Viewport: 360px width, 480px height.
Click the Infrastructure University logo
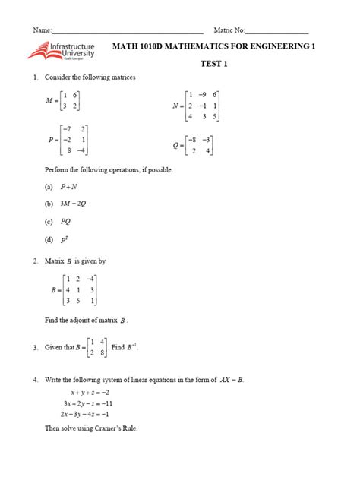[62, 51]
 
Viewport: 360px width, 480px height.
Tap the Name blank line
[127, 30]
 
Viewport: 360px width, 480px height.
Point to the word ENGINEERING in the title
[270, 47]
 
